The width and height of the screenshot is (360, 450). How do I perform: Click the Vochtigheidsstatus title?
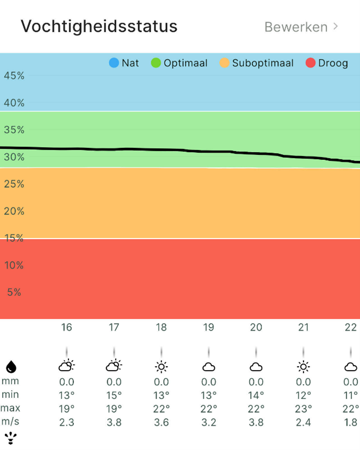(x=99, y=26)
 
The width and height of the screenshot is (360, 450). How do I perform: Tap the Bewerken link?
(x=296, y=27)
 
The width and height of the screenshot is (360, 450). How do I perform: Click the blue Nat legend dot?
(x=114, y=63)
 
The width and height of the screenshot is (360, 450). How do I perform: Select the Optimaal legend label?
(x=185, y=63)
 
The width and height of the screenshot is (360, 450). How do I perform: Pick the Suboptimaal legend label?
(x=263, y=63)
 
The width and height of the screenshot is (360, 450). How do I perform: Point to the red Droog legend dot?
(x=311, y=63)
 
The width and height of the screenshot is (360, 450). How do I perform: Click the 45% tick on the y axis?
(x=14, y=76)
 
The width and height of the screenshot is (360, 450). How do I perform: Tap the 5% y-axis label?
(x=14, y=292)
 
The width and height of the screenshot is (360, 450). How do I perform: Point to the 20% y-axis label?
(x=14, y=211)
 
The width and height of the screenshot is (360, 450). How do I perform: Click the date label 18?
(x=161, y=327)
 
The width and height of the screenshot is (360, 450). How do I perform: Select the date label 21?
(x=303, y=327)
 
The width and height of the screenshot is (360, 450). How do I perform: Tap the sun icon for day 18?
(x=161, y=367)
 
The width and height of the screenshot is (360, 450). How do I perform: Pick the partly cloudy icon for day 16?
(x=66, y=366)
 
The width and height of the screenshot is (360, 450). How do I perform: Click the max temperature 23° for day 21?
(x=303, y=408)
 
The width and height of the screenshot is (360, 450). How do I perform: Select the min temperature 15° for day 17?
(x=114, y=395)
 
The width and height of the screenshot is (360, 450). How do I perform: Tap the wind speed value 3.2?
(x=208, y=421)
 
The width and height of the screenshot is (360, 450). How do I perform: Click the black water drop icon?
(x=10, y=367)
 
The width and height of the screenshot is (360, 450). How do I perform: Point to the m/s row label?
(x=10, y=421)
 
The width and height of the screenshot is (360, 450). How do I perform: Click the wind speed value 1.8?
(x=351, y=421)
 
